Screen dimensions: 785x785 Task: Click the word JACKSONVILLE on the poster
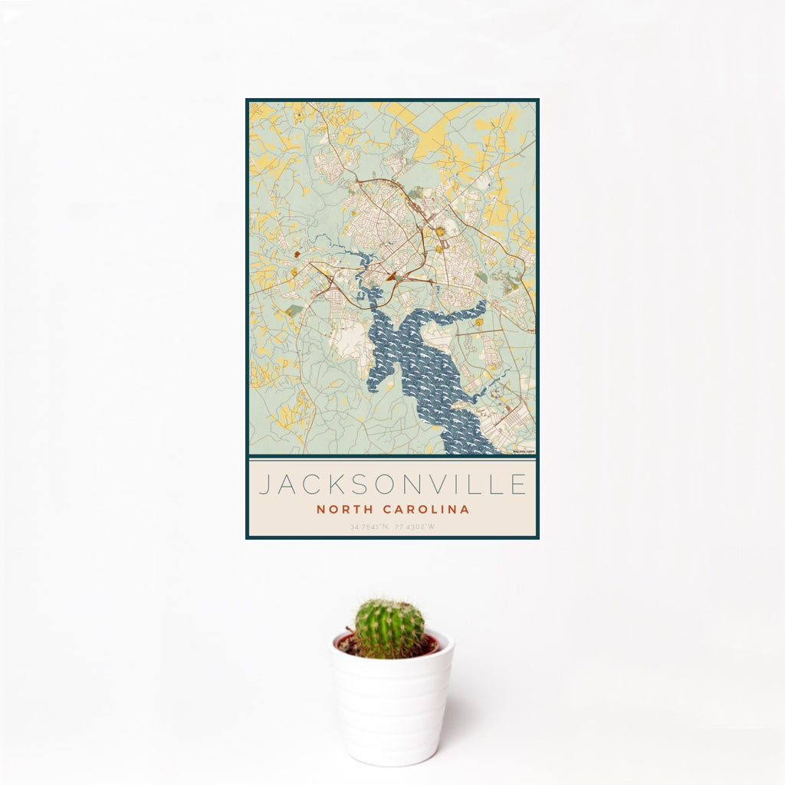[392, 484]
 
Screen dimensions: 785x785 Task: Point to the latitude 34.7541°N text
[370, 527]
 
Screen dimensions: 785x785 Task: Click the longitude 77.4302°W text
[416, 527]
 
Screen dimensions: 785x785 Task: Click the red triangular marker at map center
[391, 276]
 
